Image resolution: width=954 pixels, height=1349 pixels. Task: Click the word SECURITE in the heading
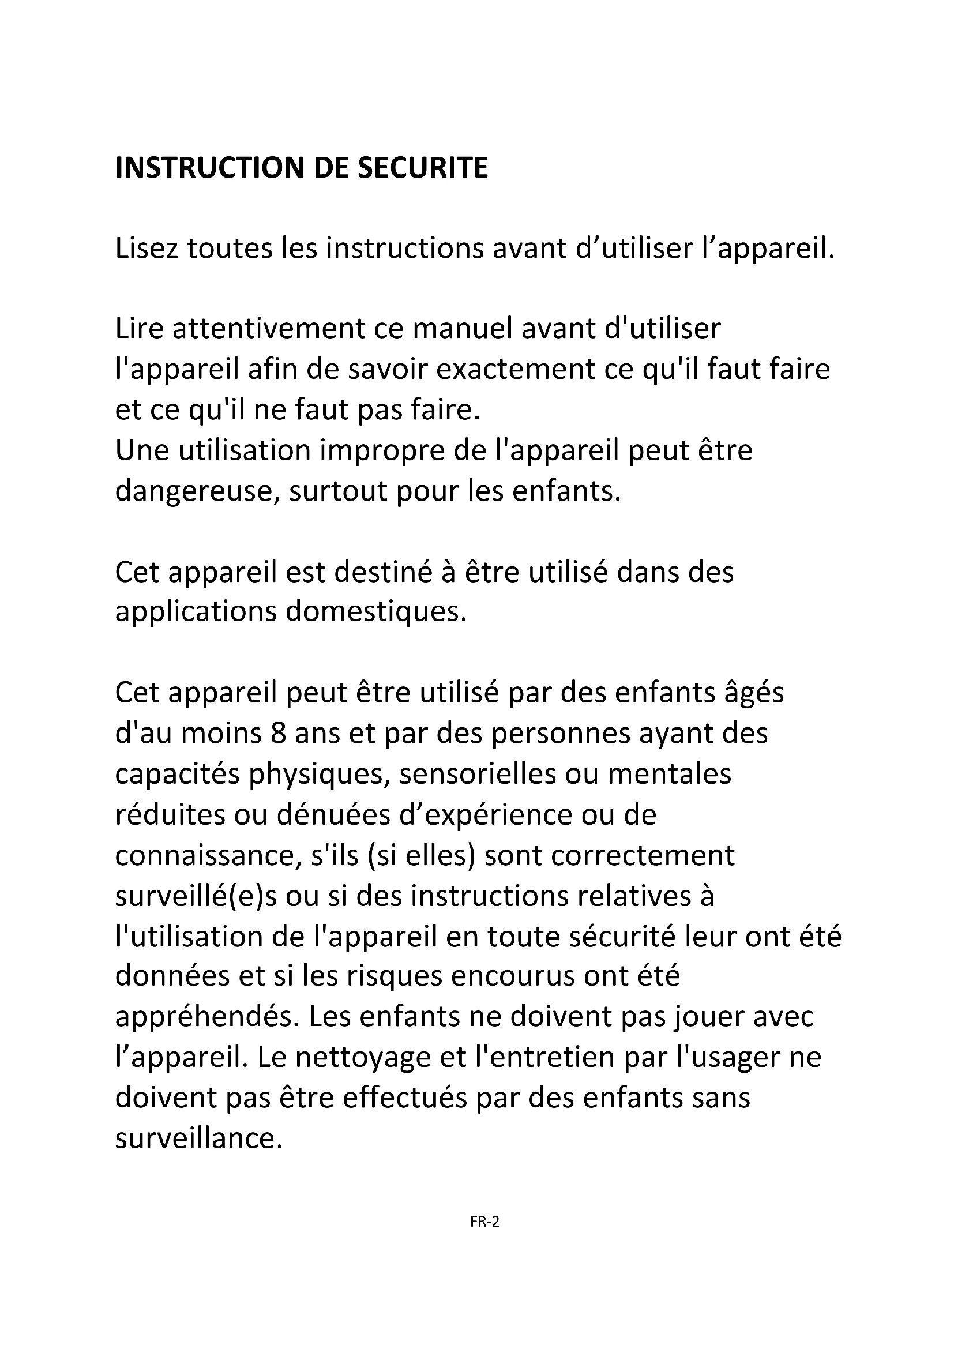pos(422,168)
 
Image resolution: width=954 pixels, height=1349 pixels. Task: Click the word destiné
pos(382,572)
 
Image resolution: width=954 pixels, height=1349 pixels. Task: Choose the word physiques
pos(320,774)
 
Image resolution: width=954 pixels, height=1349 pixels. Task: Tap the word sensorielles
pos(478,774)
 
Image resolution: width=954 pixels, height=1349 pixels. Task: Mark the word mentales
pos(669,774)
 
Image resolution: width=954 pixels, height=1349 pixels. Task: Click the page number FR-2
pos(484,1222)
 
